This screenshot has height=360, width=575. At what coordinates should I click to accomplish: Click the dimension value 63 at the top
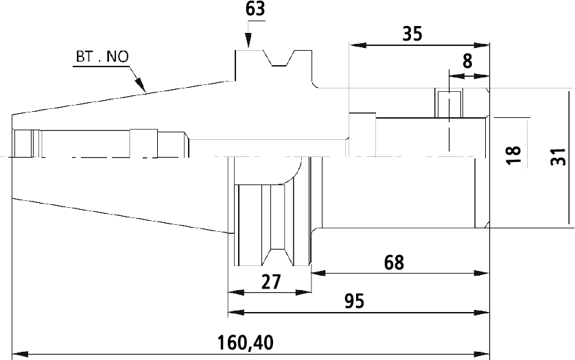(255, 9)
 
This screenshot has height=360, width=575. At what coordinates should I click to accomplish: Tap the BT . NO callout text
(102, 57)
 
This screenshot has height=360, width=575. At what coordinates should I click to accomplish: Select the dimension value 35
(412, 34)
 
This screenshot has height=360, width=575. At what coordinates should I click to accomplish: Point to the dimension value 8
(467, 61)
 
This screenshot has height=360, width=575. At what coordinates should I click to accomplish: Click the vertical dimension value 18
(514, 155)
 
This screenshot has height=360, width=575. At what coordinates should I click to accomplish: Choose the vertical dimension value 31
(559, 156)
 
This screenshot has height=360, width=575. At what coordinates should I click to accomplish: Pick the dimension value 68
(395, 263)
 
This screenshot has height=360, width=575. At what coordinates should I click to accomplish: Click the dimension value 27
(271, 282)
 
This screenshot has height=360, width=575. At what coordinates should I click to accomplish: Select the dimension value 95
(355, 301)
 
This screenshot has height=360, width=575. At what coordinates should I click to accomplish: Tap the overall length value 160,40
(246, 343)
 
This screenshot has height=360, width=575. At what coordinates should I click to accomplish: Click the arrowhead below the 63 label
(248, 40)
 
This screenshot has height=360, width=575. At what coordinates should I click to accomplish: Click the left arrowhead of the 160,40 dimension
(20, 355)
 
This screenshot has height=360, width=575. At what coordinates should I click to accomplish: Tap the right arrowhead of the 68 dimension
(482, 273)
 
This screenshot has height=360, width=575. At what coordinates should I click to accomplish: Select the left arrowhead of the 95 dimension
(236, 312)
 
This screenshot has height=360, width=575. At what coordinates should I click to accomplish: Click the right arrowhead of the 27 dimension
(303, 293)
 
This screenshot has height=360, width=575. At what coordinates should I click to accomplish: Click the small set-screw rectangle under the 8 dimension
(449, 104)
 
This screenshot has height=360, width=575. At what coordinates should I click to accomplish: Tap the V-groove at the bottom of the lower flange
(278, 257)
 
